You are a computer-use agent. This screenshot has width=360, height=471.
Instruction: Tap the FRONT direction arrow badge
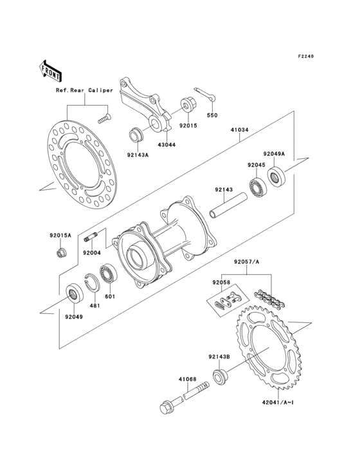coord(51,70)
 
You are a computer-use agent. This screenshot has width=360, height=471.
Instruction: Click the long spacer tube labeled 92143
coord(228,209)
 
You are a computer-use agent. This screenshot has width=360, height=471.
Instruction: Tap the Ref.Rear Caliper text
coord(83,91)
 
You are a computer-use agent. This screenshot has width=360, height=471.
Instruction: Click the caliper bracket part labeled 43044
coord(145,103)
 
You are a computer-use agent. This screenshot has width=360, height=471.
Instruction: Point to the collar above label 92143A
coord(136,136)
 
